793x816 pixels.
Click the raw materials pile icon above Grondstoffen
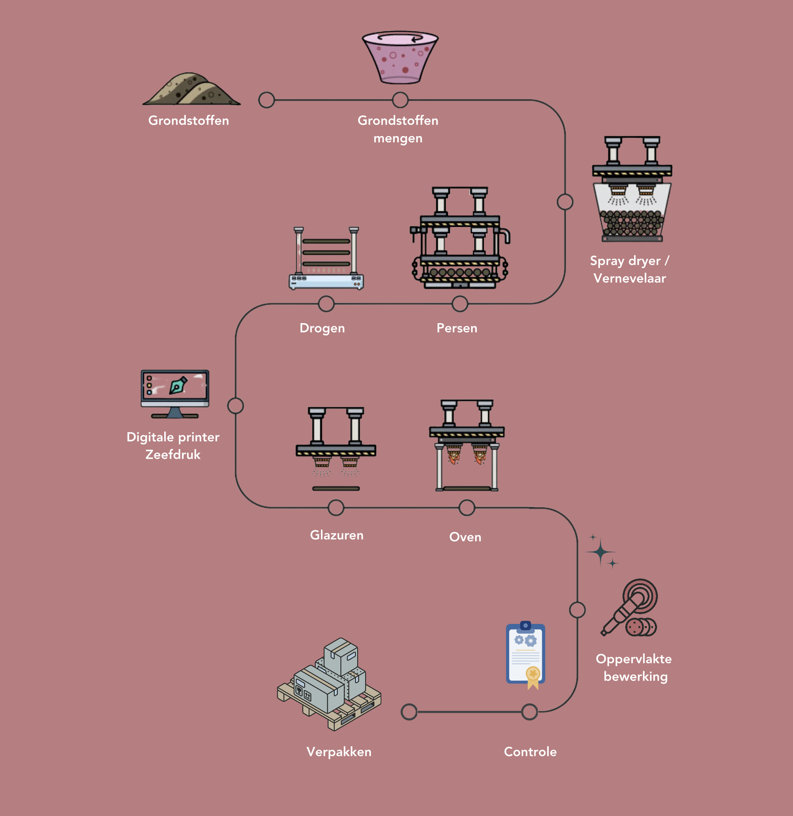[x=191, y=90]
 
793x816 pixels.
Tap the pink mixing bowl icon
[x=400, y=57]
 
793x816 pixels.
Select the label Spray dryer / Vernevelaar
[x=630, y=269]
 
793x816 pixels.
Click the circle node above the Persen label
[x=460, y=304]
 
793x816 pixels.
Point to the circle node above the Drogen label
[x=326, y=304]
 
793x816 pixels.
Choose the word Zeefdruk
[x=173, y=455]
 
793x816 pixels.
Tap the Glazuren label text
[x=336, y=535]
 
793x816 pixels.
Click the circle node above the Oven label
[x=467, y=508]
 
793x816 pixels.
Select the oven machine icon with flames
[x=467, y=446]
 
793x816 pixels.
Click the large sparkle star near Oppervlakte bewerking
[x=600, y=552]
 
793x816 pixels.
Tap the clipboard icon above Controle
[x=525, y=654]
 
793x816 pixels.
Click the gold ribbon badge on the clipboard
[x=533, y=676]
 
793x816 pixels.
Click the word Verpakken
[x=339, y=752]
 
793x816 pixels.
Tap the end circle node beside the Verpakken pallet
[x=409, y=712]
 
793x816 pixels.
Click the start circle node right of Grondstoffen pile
[x=266, y=100]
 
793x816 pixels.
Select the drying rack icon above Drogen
[x=326, y=259]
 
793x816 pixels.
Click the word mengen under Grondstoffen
[x=398, y=139]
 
